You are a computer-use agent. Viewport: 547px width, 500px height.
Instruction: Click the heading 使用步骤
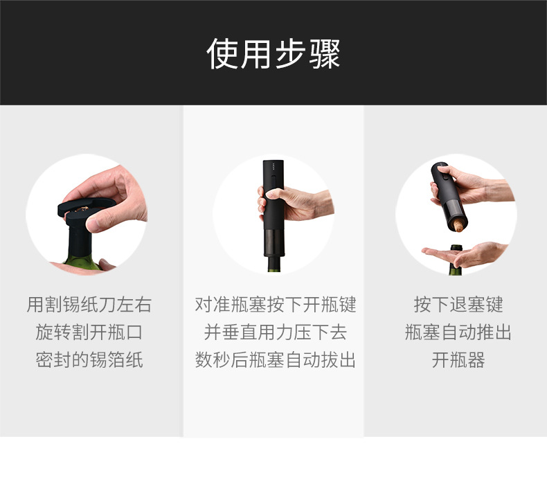click(273, 53)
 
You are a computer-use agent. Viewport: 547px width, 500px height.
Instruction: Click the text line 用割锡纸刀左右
click(89, 305)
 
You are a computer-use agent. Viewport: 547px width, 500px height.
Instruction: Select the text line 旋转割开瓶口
click(89, 332)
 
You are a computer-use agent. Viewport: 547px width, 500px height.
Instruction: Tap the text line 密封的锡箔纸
click(89, 360)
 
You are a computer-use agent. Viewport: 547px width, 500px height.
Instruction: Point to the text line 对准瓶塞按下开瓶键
click(275, 305)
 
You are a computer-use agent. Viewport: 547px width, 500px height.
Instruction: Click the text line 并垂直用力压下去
click(275, 332)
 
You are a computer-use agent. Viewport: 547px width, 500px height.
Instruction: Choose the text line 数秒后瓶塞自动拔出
click(275, 360)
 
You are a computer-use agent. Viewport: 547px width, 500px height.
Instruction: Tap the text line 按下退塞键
click(458, 305)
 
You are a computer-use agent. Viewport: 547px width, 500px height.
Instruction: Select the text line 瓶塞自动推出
click(458, 332)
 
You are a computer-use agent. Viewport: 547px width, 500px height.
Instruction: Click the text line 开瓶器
click(458, 360)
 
